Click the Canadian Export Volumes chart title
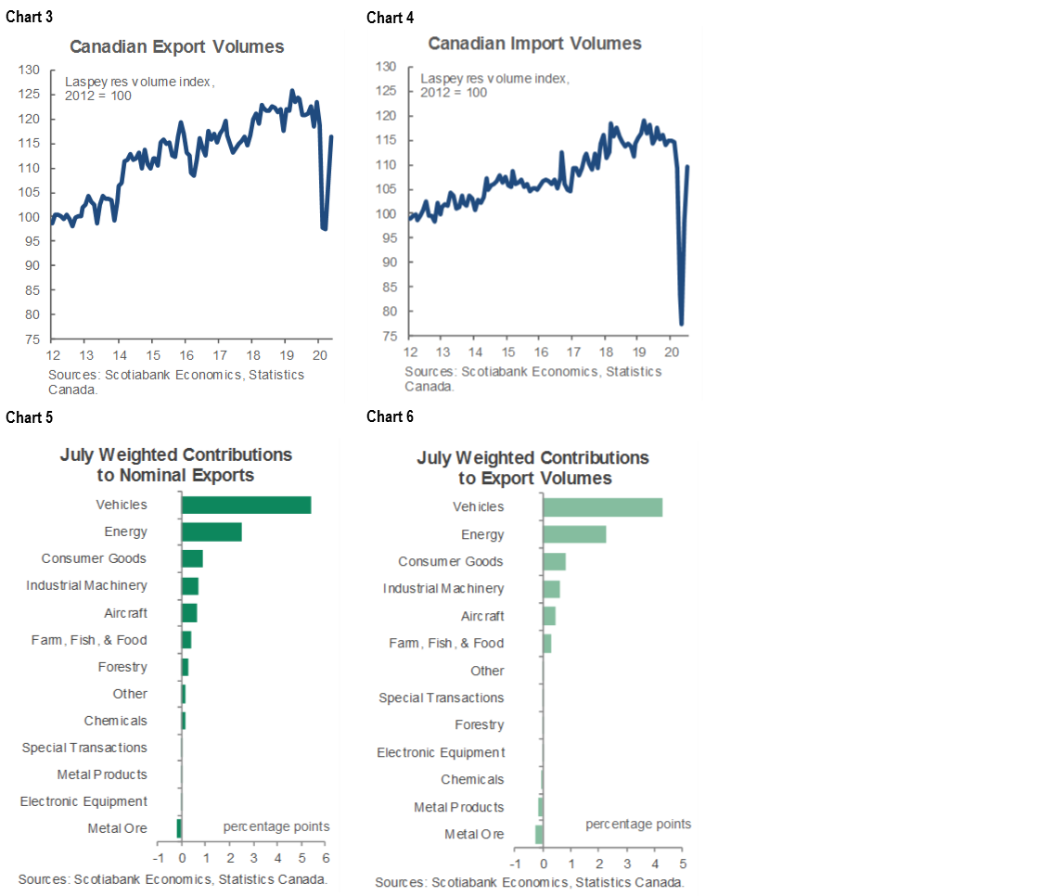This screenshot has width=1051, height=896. click(176, 46)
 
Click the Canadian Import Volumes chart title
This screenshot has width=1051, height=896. click(534, 44)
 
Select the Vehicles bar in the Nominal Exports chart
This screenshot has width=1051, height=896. click(246, 505)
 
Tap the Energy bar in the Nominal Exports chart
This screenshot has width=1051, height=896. click(211, 531)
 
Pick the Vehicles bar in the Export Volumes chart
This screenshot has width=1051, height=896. click(602, 506)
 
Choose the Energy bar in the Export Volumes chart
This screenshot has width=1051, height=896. click(574, 534)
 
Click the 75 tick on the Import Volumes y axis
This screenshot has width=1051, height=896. click(387, 336)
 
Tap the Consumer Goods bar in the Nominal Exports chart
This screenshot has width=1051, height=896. click(192, 558)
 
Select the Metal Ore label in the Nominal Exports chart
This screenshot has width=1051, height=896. click(117, 827)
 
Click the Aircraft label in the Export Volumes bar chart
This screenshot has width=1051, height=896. click(482, 616)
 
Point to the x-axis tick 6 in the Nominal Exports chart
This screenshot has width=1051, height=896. click(327, 859)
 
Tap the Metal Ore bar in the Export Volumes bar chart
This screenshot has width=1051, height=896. click(539, 834)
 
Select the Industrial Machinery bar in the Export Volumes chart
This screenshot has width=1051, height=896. click(551, 589)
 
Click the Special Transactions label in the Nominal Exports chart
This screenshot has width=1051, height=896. click(84, 748)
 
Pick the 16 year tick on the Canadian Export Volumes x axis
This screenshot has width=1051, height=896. click(186, 356)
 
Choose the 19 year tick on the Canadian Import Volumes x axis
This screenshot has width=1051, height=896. click(639, 352)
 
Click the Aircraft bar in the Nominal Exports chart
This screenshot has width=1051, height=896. click(189, 613)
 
